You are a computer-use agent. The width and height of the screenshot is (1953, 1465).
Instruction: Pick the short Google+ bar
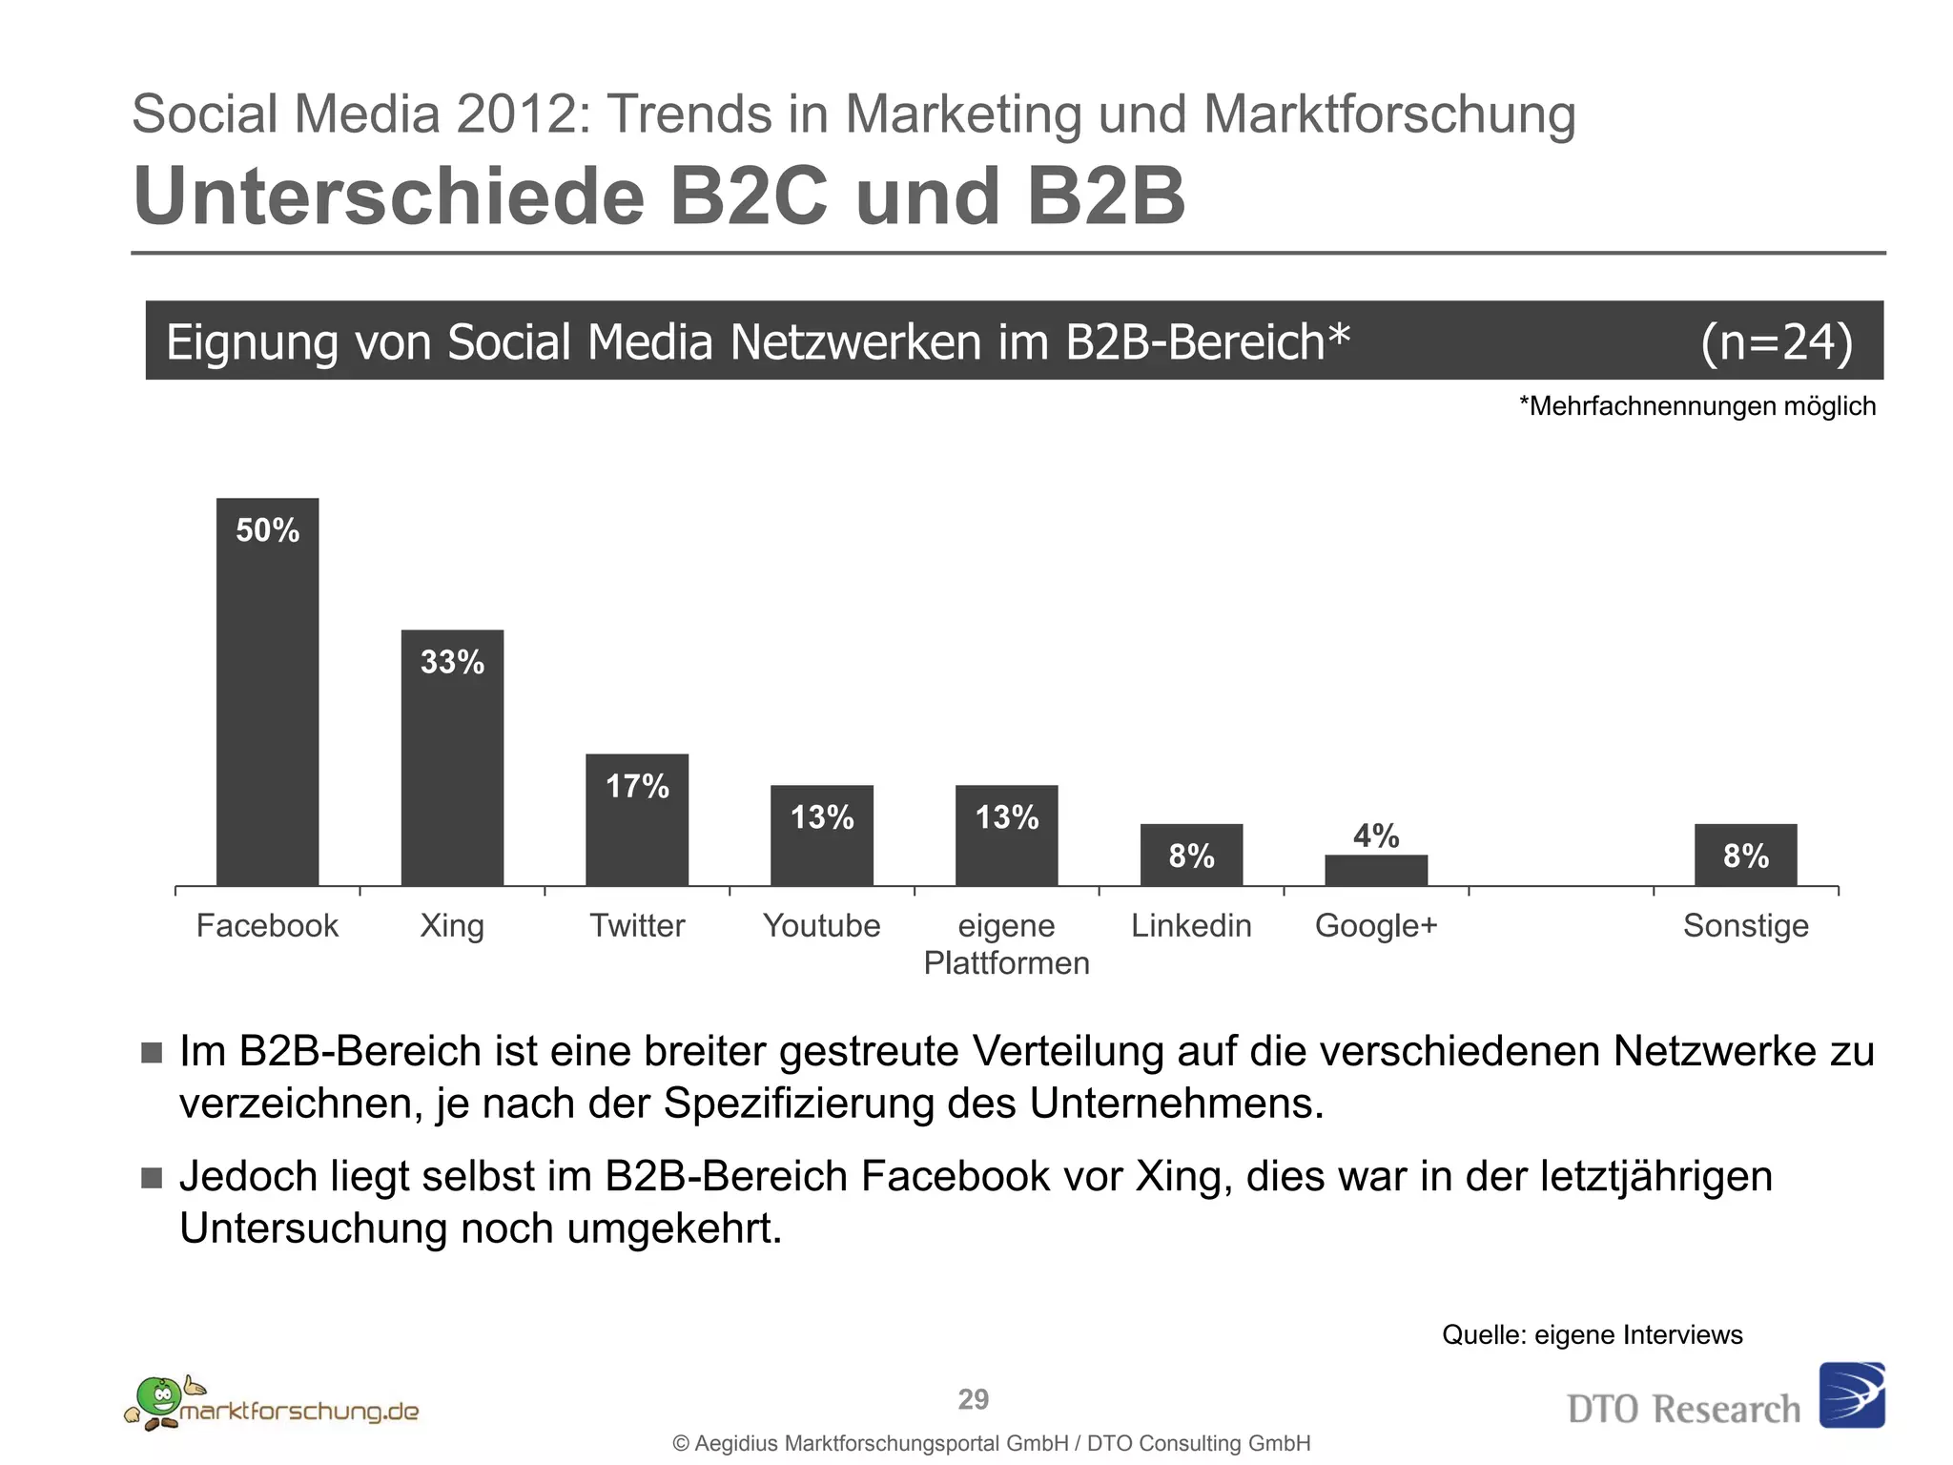coord(1376,870)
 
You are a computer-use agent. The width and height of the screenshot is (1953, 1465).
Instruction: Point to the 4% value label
coord(1376,836)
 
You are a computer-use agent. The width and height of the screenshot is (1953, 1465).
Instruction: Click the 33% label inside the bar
coord(452,662)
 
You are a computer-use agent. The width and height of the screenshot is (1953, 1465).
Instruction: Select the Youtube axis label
coord(821,925)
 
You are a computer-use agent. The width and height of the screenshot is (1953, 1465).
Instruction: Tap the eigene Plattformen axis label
coord(1006,944)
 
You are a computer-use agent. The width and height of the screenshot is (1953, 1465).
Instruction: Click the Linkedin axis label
coord(1191,925)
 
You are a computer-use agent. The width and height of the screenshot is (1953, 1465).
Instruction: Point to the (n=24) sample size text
coord(1777,341)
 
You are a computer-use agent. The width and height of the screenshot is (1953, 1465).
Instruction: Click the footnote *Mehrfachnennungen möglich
coord(1696,406)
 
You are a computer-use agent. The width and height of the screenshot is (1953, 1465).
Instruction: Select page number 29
coord(973,1399)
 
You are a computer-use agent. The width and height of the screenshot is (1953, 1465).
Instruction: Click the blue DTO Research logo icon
coord(1851,1394)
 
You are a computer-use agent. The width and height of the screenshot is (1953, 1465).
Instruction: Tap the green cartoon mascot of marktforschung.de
coord(158,1398)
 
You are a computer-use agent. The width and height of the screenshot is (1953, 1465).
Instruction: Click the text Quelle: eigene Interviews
coord(1592,1334)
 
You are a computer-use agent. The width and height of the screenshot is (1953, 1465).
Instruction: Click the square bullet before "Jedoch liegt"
coord(152,1178)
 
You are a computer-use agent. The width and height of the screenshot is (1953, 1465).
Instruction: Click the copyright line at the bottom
coord(992,1443)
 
